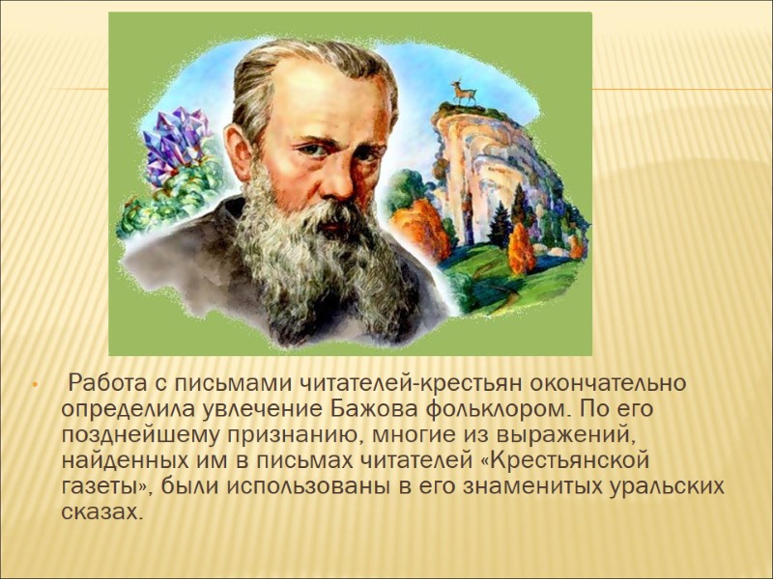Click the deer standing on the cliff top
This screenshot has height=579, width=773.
[464, 92]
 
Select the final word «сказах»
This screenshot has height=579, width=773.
[104, 510]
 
